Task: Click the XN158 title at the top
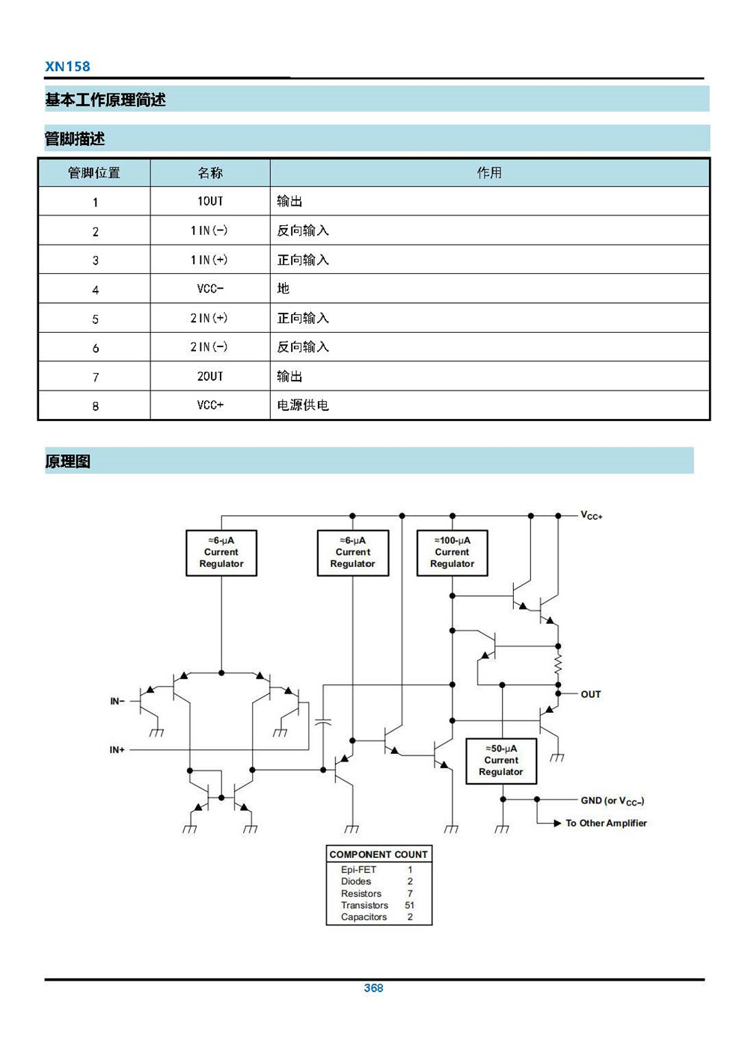tap(67, 66)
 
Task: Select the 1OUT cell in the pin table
tap(210, 201)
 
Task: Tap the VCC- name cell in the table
tap(210, 288)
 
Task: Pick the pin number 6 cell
tap(95, 347)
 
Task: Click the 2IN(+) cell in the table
tap(210, 318)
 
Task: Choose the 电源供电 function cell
tap(490, 405)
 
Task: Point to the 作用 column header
tap(489, 173)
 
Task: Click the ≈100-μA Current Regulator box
tap(452, 553)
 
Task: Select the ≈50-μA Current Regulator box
tap(501, 761)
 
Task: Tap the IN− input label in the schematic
tap(117, 701)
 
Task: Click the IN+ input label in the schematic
tap(117, 750)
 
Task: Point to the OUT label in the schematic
tap(591, 694)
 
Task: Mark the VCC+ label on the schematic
tap(592, 515)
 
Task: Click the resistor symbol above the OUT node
tap(558, 665)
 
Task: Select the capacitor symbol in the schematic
tap(323, 723)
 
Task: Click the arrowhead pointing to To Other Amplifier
tap(557, 824)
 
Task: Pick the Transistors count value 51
tap(410, 905)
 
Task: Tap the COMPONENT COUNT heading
tap(378, 854)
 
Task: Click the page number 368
tap(374, 987)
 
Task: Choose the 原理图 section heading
tap(67, 461)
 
